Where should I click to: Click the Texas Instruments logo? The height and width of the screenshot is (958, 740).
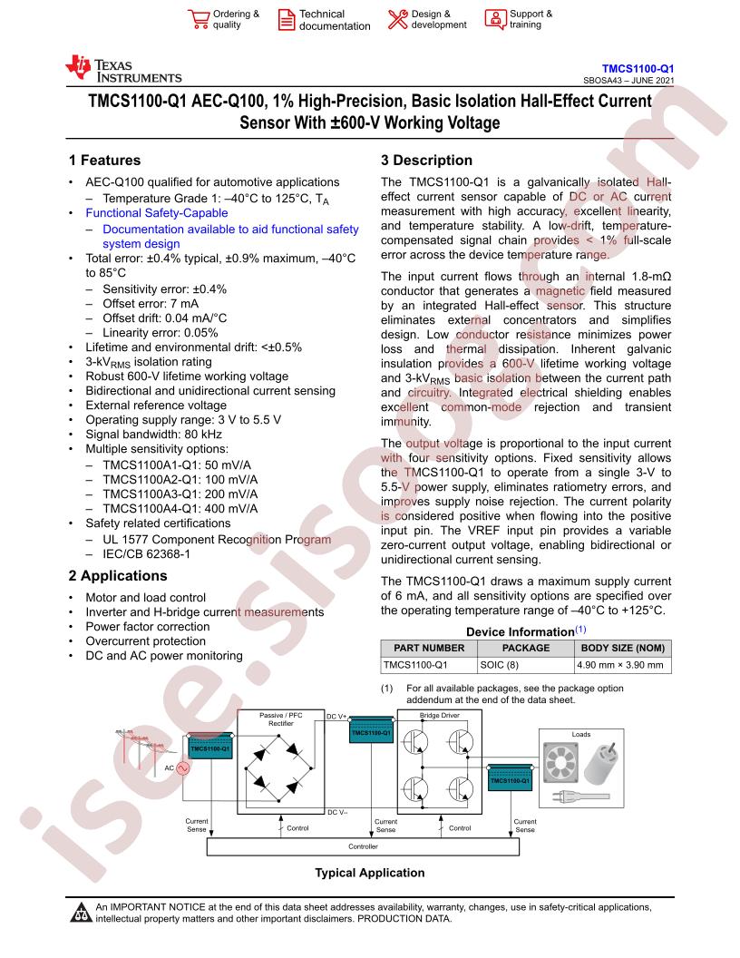pyautogui.click(x=123, y=69)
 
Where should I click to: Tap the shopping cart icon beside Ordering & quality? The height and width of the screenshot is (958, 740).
pyautogui.click(x=199, y=19)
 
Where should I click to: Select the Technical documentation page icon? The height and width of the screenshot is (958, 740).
pyautogui.click(x=286, y=20)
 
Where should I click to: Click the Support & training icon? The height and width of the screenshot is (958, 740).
pyautogui.click(x=495, y=19)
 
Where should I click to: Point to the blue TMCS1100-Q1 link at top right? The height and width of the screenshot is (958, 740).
pyautogui.click(x=638, y=69)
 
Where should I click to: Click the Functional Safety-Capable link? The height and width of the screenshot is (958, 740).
pyautogui.click(x=157, y=213)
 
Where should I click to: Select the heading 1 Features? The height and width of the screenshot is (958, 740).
pyautogui.click(x=104, y=160)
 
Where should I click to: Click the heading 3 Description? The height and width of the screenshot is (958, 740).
pyautogui.click(x=427, y=160)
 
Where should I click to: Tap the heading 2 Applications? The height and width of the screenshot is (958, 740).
pyautogui.click(x=118, y=575)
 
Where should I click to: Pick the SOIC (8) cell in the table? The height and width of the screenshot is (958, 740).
pyautogui.click(x=500, y=665)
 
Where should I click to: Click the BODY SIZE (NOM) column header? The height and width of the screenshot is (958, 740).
pyautogui.click(x=623, y=648)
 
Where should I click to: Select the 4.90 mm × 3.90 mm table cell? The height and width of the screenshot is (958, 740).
pyautogui.click(x=619, y=665)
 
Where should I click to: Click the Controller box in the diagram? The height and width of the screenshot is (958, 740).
pyautogui.click(x=364, y=846)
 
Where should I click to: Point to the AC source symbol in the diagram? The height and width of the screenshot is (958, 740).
pyautogui.click(x=182, y=768)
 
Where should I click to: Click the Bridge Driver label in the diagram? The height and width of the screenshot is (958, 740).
pyautogui.click(x=440, y=716)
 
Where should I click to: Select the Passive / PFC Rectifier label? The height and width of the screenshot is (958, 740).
pyautogui.click(x=281, y=719)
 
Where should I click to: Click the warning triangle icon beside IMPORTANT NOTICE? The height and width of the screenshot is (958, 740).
pyautogui.click(x=81, y=912)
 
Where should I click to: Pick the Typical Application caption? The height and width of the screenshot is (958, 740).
pyautogui.click(x=370, y=873)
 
